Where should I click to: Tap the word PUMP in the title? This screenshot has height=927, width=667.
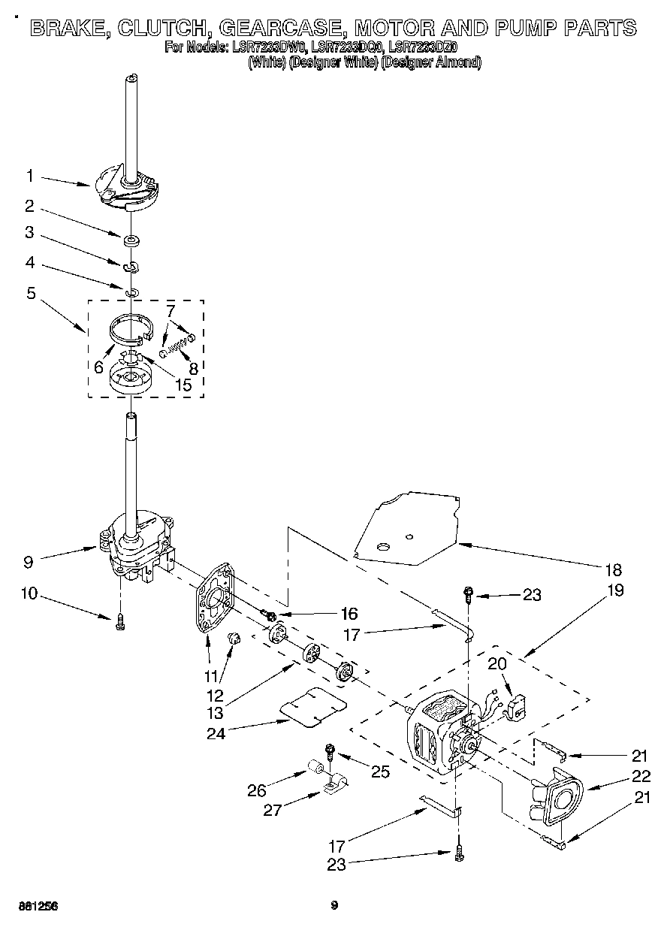[x=521, y=29]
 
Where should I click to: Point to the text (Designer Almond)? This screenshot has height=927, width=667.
[x=430, y=63]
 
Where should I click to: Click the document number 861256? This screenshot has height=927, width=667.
[x=40, y=906]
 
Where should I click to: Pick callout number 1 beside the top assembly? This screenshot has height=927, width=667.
[x=29, y=177]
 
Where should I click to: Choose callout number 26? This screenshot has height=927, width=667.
[x=255, y=790]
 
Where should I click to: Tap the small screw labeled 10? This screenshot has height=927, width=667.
[x=120, y=621]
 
